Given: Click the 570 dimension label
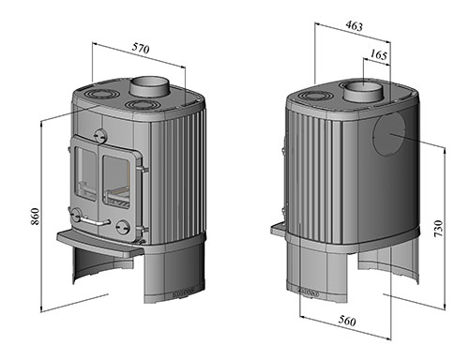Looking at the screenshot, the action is tap(141, 49).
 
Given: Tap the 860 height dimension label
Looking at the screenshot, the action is tap(36, 216).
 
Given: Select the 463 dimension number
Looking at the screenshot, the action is tap(355, 26).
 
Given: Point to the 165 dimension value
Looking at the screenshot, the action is tap(379, 55).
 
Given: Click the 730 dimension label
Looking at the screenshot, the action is tap(438, 228).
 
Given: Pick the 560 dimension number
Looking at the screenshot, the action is tap(347, 321).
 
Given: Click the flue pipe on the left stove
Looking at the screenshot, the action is tap(149, 87).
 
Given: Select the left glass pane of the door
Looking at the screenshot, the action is tap(86, 174).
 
